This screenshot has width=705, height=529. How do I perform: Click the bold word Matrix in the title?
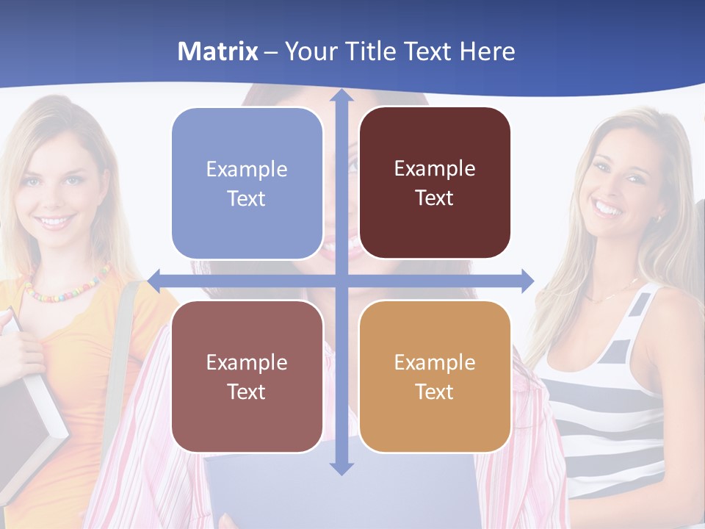pos(217,51)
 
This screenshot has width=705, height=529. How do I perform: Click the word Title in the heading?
pos(370,51)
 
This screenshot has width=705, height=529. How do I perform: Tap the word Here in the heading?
pos(488,51)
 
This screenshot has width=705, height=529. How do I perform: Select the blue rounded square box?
pos(247,183)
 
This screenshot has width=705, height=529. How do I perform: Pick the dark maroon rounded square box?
pos(435,183)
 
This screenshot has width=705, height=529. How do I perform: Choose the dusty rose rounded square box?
pos(247,376)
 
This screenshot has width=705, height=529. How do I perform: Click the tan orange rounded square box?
pos(435,376)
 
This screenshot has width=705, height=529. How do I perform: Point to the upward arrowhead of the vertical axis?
pos(341,96)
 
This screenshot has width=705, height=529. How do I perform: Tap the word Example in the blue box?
pos(247,169)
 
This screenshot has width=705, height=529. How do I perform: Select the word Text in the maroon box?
pos(435,198)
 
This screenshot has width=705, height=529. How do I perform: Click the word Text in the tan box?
pos(435,392)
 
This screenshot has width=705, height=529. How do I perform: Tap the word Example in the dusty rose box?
pos(247,362)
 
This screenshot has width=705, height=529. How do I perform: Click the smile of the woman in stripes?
pos(608,209)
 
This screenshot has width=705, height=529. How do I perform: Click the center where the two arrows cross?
pos(341,280)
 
